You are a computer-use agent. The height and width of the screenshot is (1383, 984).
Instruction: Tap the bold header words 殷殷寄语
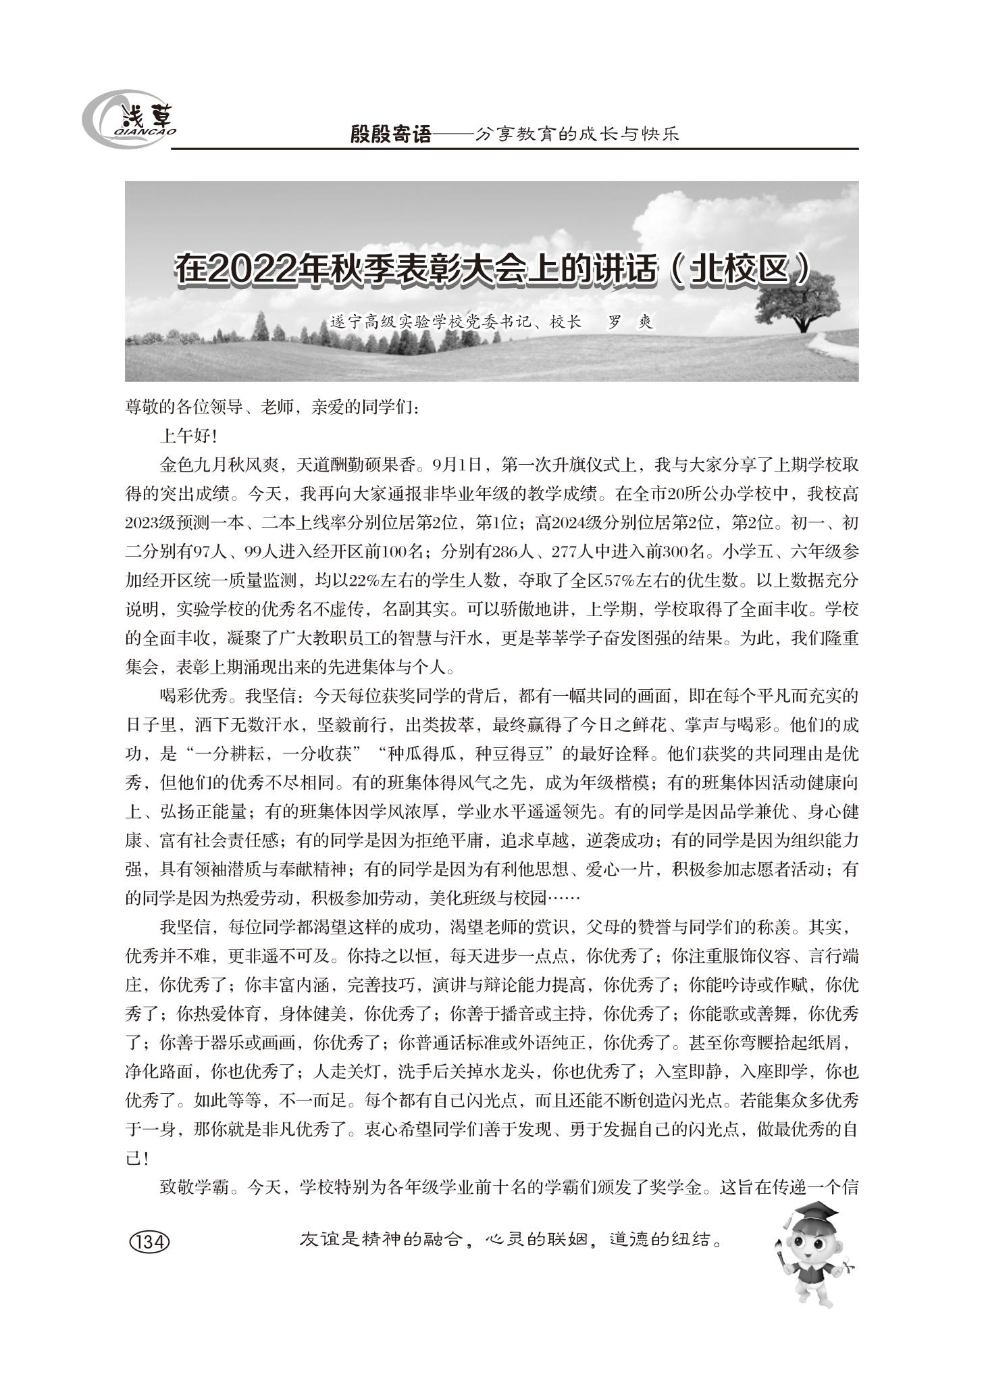[x=390, y=134]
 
